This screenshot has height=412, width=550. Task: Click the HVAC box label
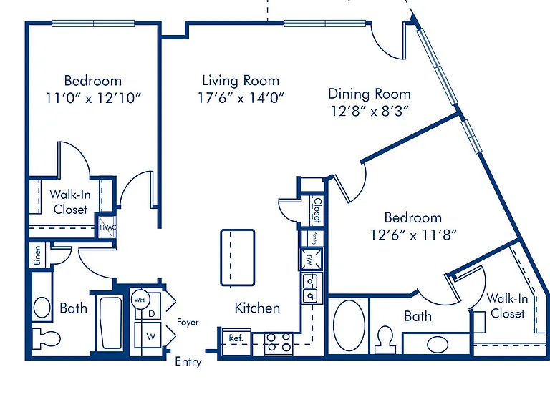pyautogui.click(x=107, y=227)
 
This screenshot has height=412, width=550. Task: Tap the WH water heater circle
pyautogui.click(x=140, y=300)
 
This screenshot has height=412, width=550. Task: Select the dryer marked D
pyautogui.click(x=152, y=313)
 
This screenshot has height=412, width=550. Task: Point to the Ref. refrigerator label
pyautogui.click(x=236, y=338)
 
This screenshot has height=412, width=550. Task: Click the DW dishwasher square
pyautogui.click(x=310, y=259)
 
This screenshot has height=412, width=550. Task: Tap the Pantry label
pyautogui.click(x=315, y=238)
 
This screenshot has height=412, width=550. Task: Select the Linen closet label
pyautogui.click(x=37, y=255)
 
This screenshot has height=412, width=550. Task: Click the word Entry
pyautogui.click(x=188, y=362)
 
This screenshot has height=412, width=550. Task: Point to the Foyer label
pyautogui.click(x=188, y=323)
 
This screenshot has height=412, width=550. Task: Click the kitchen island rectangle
pyautogui.click(x=238, y=257)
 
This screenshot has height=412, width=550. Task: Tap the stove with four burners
pyautogui.click(x=279, y=343)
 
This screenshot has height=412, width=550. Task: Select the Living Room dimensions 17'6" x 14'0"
pyautogui.click(x=241, y=98)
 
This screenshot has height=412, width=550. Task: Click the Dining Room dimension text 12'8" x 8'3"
pyautogui.click(x=370, y=111)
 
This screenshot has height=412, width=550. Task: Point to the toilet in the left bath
pyautogui.click(x=46, y=338)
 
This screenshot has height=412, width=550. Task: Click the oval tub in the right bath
pyautogui.click(x=349, y=325)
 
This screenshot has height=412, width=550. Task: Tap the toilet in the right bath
pyautogui.click(x=385, y=339)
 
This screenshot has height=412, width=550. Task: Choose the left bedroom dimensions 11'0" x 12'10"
pyautogui.click(x=93, y=98)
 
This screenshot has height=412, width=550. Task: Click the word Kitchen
pyautogui.click(x=257, y=308)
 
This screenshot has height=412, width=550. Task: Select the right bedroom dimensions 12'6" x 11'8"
pyautogui.click(x=413, y=235)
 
